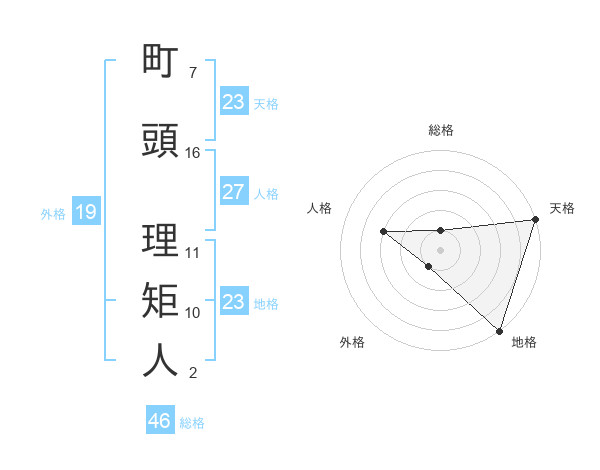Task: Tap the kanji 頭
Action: pos(161,141)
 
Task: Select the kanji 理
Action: pos(161,241)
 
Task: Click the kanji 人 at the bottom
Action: pos(161,361)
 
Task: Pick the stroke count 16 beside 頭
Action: pos(193,153)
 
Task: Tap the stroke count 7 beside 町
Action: pos(193,73)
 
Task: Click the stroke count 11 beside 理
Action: pos(193,253)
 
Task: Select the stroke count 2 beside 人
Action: pos(193,373)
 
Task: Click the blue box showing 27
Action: pos(233,192)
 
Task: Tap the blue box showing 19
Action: pos(85,212)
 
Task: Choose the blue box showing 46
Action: pos(159,421)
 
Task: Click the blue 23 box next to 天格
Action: pos(233,102)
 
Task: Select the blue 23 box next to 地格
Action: pos(233,302)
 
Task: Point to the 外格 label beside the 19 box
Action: pos(52,213)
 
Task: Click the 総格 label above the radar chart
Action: pos(440,130)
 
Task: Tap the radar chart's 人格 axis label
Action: pos(320,208)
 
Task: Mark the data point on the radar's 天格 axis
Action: pos(535,220)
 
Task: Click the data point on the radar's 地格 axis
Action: pos(499,330)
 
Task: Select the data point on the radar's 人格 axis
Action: pos(383,232)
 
